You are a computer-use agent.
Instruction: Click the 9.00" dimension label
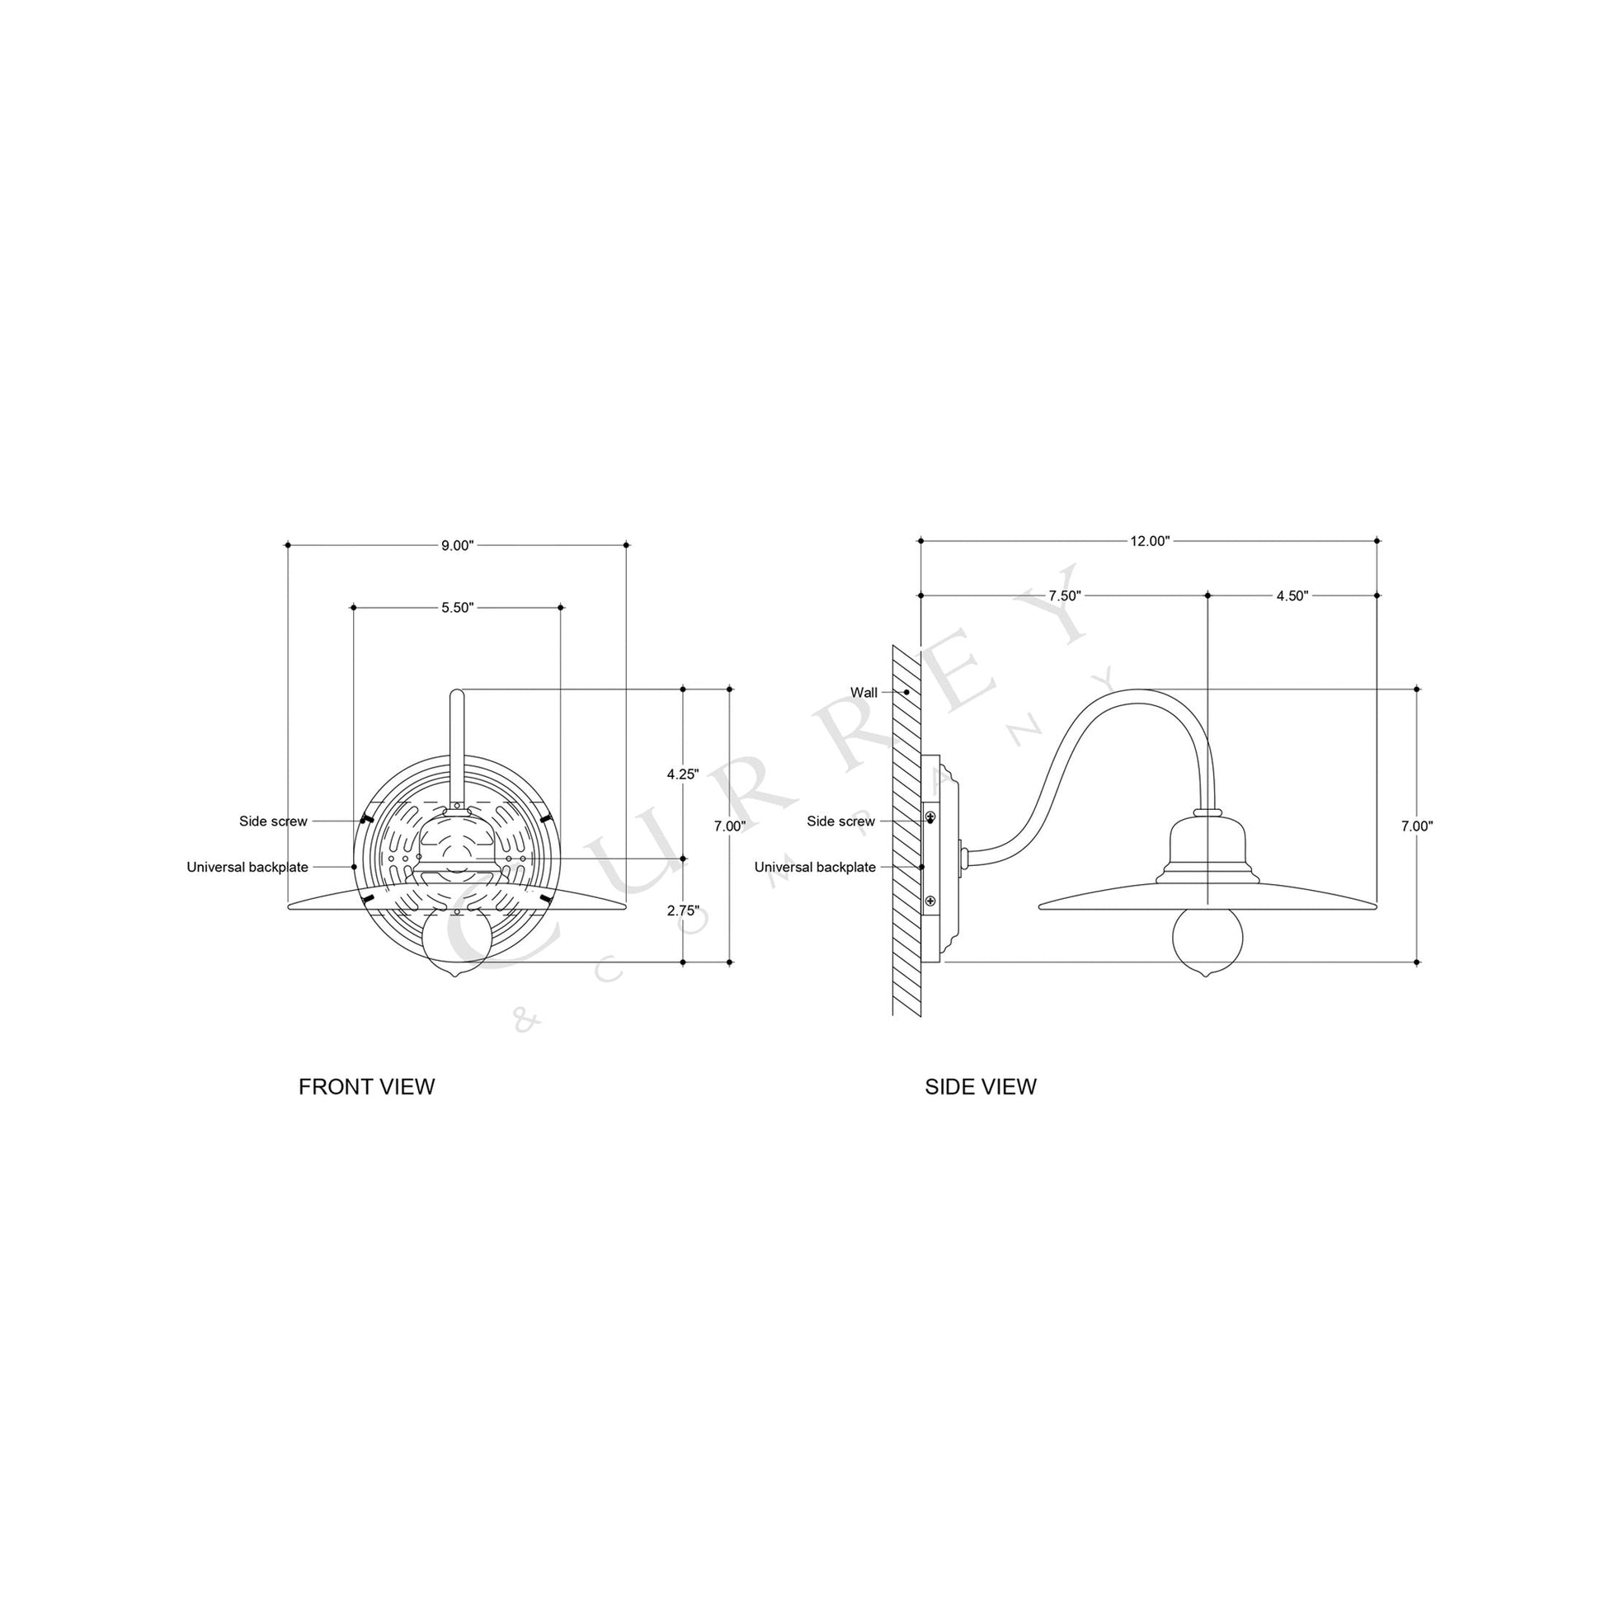point(457,546)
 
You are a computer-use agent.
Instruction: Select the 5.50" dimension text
point(457,608)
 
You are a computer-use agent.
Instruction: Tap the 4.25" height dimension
point(683,774)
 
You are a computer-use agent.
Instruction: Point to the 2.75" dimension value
point(683,911)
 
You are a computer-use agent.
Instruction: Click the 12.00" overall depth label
point(1150,542)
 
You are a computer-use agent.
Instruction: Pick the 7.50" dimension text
point(1064,595)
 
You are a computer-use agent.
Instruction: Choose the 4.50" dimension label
point(1292,595)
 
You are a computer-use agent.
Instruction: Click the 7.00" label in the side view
point(1417,826)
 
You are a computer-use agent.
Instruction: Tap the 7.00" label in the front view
point(729,826)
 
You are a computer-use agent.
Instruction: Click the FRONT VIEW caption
point(366,1086)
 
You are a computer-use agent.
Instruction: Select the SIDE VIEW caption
point(981,1086)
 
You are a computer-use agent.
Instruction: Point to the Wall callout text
point(864,693)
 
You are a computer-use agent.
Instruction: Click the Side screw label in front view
point(273,821)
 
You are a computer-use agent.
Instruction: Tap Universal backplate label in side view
point(814,868)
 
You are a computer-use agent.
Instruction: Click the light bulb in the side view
point(1207,939)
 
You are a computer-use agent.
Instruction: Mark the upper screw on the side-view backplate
point(930,817)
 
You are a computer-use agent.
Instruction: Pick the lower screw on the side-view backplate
point(930,901)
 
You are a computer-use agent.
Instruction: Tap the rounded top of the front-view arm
point(457,694)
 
